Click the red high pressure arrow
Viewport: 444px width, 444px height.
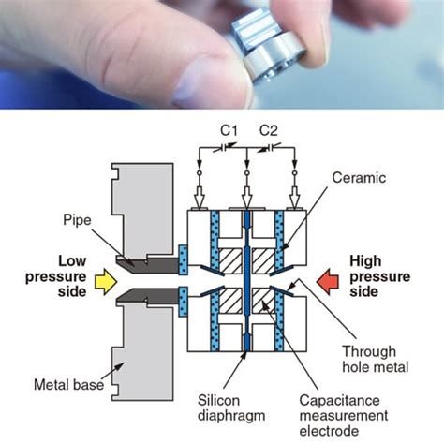coord(328,278)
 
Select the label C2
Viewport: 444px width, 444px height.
coord(268,129)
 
